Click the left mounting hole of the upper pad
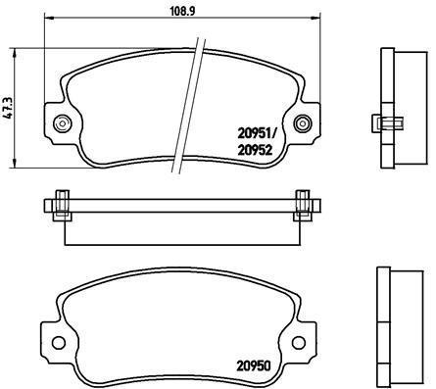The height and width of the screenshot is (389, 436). tap(64, 123)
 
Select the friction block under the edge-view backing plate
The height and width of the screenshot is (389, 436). tap(182, 229)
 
